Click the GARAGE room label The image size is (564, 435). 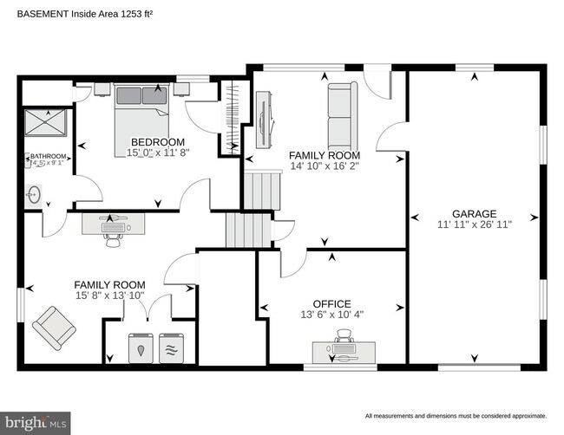[x=474, y=213]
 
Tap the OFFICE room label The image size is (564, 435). [x=331, y=304]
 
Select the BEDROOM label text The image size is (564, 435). [x=158, y=141]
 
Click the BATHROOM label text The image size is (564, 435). [x=48, y=157]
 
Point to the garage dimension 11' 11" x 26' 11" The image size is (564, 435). [x=474, y=224]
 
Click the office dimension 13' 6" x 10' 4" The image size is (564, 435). [x=331, y=315]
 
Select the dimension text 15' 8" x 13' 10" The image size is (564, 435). [x=109, y=296]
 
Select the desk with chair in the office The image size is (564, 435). [x=344, y=350]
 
